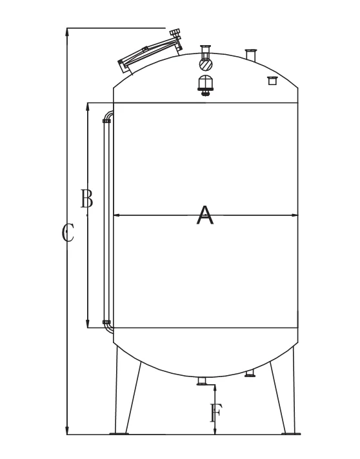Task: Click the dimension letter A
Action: click(x=205, y=215)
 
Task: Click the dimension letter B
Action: click(x=86, y=199)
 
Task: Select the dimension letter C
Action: click(x=68, y=232)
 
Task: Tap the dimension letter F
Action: click(x=216, y=413)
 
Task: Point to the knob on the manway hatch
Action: click(x=174, y=33)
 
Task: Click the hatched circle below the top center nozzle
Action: click(x=206, y=64)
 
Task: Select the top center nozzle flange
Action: click(x=206, y=47)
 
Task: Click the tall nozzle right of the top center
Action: click(x=251, y=54)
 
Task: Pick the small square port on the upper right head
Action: click(x=272, y=80)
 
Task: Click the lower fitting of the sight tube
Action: click(x=107, y=322)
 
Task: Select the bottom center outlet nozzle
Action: click(x=203, y=382)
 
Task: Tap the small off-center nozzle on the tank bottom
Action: click(x=251, y=374)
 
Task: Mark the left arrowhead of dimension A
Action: click(x=117, y=215)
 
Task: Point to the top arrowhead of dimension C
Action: click(x=68, y=32)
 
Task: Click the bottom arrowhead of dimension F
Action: click(x=215, y=431)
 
